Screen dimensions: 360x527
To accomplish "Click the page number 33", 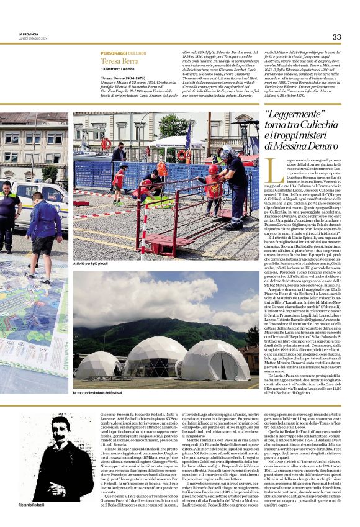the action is coord(336,37).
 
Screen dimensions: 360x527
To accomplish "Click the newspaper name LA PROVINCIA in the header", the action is coord(29,34).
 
